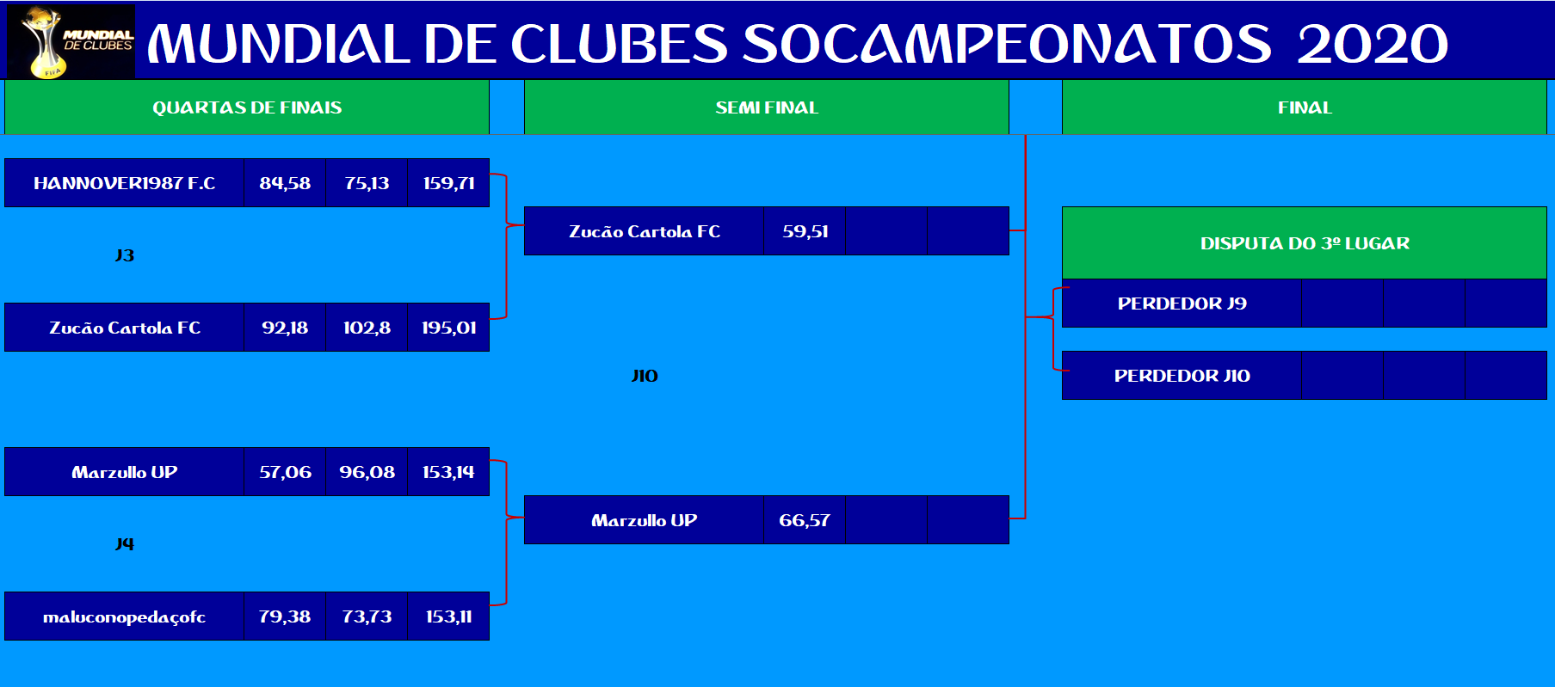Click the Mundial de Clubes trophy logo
tap(71, 42)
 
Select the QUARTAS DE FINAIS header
tap(247, 107)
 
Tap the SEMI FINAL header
tap(767, 107)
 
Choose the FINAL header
tap(1305, 107)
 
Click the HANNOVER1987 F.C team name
tap(125, 183)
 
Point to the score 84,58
tap(285, 183)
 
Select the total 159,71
tap(448, 183)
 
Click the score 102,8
tap(367, 328)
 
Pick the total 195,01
tap(448, 328)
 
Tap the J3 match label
tap(125, 255)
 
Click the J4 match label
tap(125, 543)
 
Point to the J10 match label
tap(645, 376)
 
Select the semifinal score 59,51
tap(805, 231)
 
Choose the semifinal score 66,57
tap(805, 520)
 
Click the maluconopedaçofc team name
tap(125, 616)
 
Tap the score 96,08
tap(367, 472)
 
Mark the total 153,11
tap(448, 616)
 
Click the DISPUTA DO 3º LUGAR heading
tap(1305, 243)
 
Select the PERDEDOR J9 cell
tap(1182, 304)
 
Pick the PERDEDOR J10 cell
tap(1182, 376)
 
